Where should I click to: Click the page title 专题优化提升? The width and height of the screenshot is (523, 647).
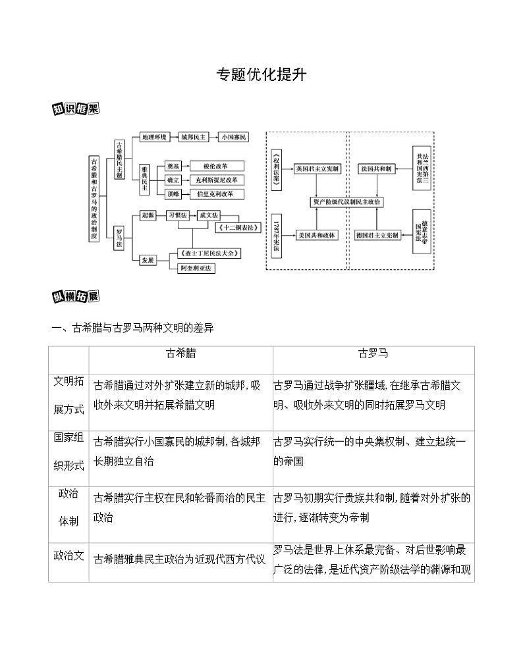point(261,74)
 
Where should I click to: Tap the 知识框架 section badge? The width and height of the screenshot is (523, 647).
point(75,109)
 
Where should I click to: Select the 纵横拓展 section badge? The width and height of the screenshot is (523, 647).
point(75,296)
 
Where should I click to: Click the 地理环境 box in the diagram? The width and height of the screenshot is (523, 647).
point(154,137)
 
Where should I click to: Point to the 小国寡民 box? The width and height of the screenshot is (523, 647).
point(233,137)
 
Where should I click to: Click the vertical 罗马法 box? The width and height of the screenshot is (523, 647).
point(119,238)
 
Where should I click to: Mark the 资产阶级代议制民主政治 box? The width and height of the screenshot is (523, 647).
point(348,202)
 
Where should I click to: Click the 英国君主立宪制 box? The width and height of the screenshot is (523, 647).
point(317,169)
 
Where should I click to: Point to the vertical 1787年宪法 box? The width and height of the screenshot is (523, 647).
point(276,234)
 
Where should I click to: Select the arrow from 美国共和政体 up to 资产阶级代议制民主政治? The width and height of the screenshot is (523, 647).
point(317,219)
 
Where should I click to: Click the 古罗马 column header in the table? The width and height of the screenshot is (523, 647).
point(373,353)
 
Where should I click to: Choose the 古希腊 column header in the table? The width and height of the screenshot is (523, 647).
point(180,353)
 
